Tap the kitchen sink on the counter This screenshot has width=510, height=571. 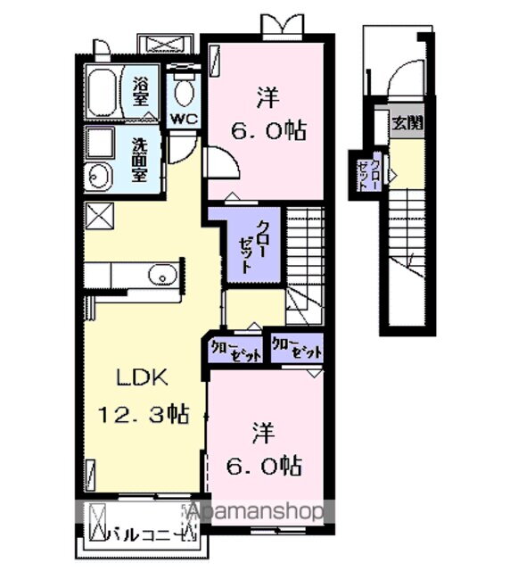tap(162, 276)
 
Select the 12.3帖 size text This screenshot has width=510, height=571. tap(144, 413)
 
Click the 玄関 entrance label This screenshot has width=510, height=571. tap(406, 123)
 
